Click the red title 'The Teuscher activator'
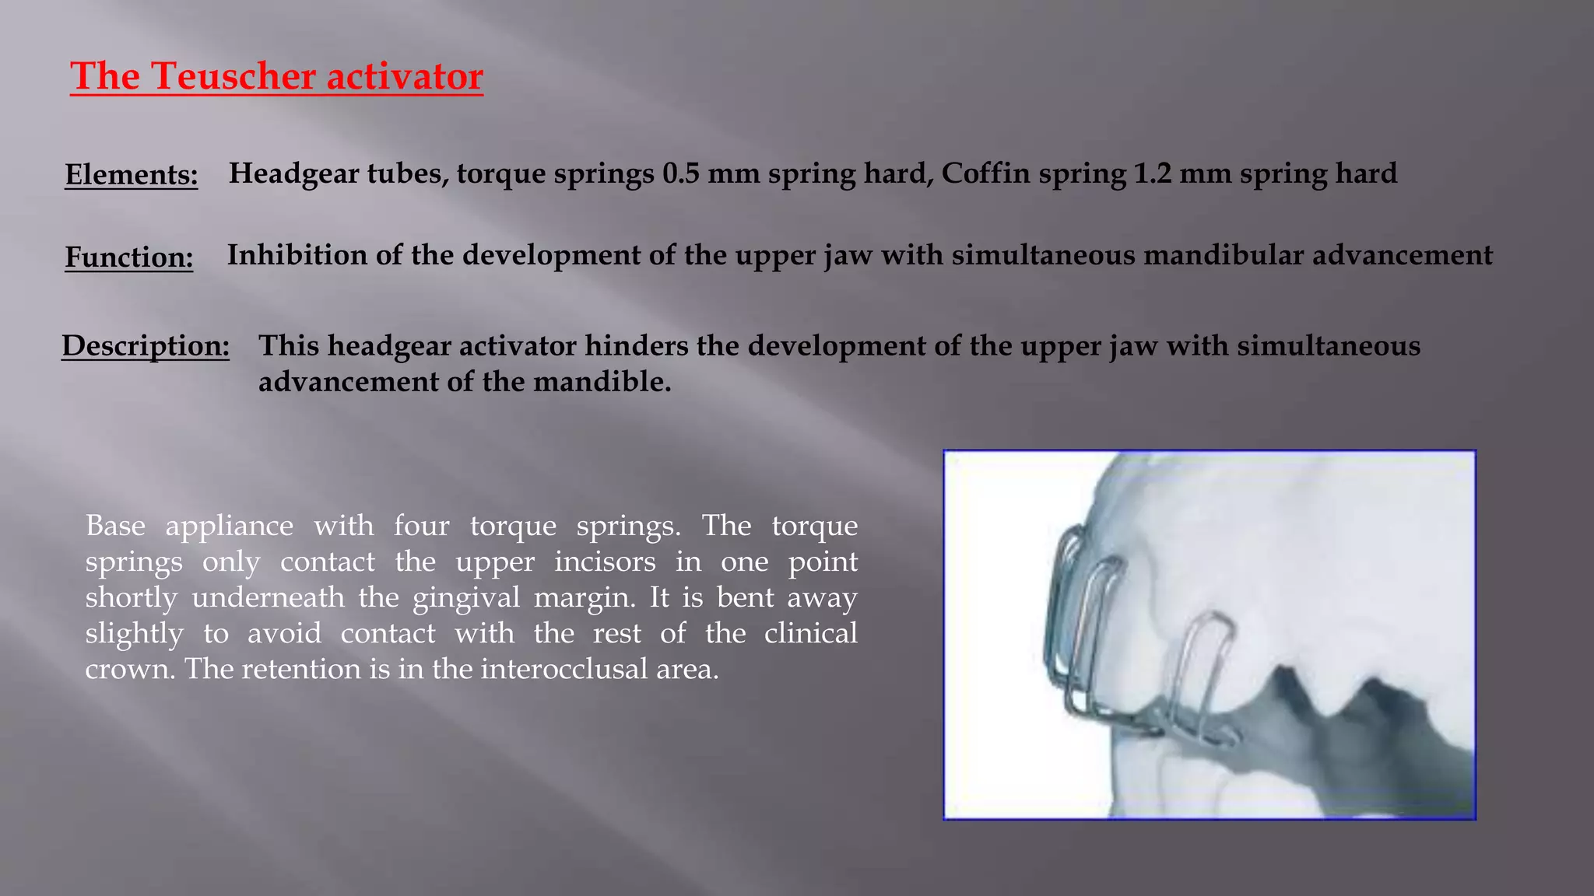(x=276, y=76)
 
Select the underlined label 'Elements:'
(x=131, y=174)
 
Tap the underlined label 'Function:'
(x=129, y=257)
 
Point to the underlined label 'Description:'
(x=146, y=345)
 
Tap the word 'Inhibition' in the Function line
(x=297, y=255)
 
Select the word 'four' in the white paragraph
(x=421, y=526)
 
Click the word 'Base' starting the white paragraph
(x=115, y=526)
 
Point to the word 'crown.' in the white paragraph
(x=129, y=669)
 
